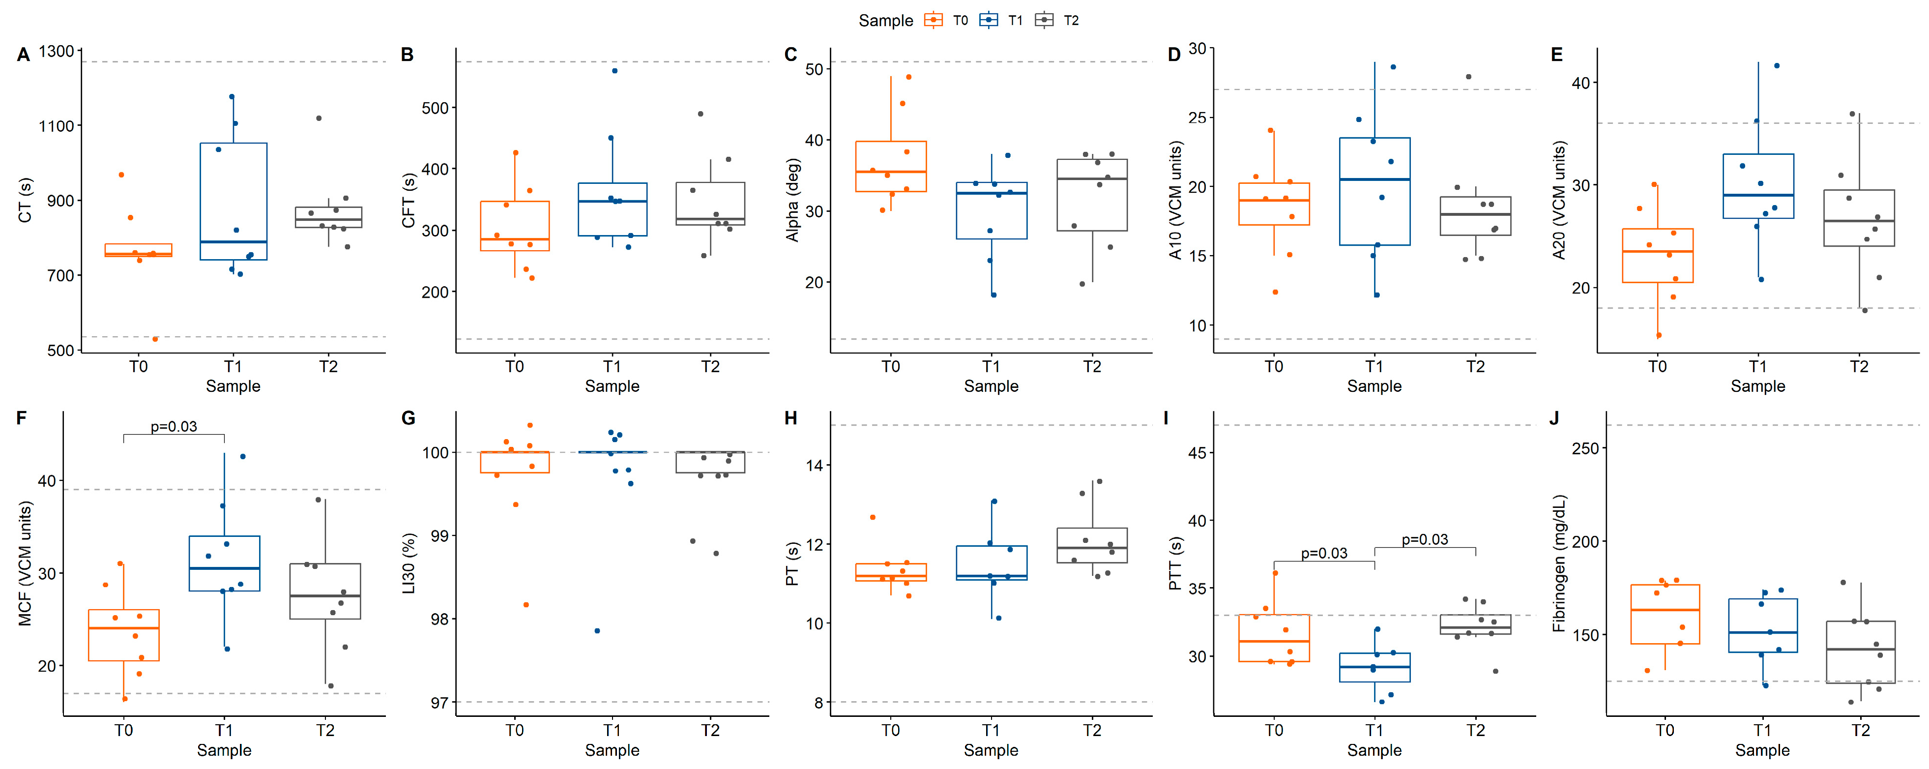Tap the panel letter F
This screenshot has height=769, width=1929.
coord(22,417)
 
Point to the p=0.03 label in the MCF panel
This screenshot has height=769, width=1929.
coord(174,426)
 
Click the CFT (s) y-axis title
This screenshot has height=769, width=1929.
coord(408,201)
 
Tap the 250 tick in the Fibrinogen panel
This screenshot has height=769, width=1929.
coord(1585,448)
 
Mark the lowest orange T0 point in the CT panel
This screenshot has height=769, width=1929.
coord(155,339)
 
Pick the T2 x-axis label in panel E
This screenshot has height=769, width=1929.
coord(1859,366)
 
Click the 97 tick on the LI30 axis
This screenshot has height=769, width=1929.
coord(439,702)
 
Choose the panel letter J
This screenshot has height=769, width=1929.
coord(1554,417)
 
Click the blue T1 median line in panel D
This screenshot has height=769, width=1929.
coord(1375,179)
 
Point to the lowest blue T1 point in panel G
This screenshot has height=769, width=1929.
coord(597,630)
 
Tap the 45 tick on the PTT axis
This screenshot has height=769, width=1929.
coord(1198,452)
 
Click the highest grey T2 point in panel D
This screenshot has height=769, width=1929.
coord(1468,76)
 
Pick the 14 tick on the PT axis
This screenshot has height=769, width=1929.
coord(814,465)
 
